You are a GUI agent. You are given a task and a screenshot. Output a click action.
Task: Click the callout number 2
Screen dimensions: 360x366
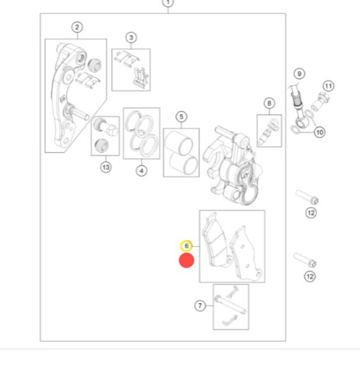pos(77,28)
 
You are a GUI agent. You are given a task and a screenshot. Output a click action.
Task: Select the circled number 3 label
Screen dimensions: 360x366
pos(131,37)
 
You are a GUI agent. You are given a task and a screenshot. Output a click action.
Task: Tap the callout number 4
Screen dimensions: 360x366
pos(142,171)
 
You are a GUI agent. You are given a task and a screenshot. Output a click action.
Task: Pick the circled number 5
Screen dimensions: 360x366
pos(181,116)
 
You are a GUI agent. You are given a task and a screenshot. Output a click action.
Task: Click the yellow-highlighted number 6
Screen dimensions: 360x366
pos(186,246)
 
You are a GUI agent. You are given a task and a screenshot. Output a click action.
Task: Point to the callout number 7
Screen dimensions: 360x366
pos(200,306)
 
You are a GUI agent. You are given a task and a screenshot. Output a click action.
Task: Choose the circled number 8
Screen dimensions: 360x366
pos(269,103)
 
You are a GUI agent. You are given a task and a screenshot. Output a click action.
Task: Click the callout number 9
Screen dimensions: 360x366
pos(299,74)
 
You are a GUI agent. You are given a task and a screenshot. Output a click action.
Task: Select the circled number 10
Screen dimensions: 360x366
pos(320,132)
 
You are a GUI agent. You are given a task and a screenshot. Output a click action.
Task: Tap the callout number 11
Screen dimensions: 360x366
pos(329,86)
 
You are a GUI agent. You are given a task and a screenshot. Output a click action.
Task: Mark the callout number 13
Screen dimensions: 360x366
pos(106,167)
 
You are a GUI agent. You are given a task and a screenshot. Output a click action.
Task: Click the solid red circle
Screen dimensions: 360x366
pos(186,260)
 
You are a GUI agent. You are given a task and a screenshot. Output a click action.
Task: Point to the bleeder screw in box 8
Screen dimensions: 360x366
pos(268,131)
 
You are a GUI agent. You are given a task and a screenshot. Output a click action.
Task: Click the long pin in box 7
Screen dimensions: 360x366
pos(230,304)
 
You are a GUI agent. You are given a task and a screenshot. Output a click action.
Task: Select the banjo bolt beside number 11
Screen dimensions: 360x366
pos(320,101)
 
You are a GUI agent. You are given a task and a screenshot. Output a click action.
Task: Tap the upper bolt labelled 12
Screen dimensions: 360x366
pos(307,197)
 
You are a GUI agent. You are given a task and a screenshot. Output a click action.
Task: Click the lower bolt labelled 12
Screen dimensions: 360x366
pos(305,260)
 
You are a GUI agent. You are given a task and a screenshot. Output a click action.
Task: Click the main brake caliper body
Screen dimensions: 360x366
pos(233,165)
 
